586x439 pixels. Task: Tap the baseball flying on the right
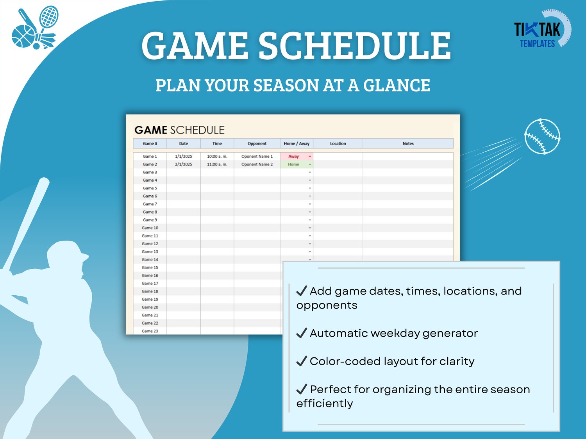pos(542,136)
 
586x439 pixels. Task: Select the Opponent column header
pos(257,144)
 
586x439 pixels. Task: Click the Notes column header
pos(408,144)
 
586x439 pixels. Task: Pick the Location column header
pos(338,144)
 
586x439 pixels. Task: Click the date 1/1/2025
pos(183,156)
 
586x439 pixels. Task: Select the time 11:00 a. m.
pos(217,164)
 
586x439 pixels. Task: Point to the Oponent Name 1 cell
pos(257,156)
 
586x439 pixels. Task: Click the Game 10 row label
pos(150,228)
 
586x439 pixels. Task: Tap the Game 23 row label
pos(150,331)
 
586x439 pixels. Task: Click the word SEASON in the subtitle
pos(286,86)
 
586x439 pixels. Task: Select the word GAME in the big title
pos(195,45)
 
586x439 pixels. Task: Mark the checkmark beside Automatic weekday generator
pos(302,333)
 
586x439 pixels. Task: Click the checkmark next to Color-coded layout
pos(302,361)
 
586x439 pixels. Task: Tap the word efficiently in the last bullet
pos(324,403)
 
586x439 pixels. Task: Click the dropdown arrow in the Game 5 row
pos(310,188)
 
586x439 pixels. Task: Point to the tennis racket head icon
pos(49,16)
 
